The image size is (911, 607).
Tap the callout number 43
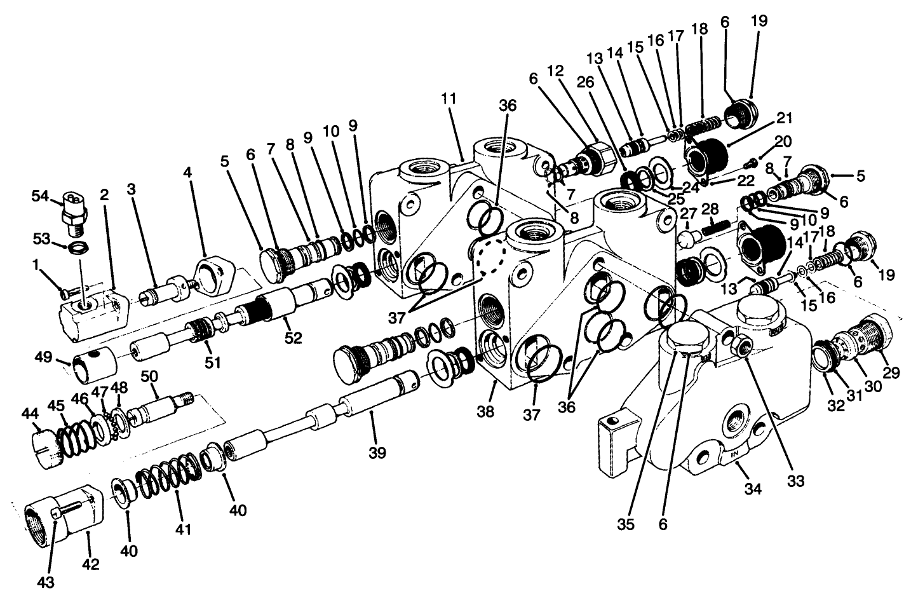click(46, 580)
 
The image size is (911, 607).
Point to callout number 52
click(293, 337)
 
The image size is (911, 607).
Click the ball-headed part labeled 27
click(685, 240)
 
